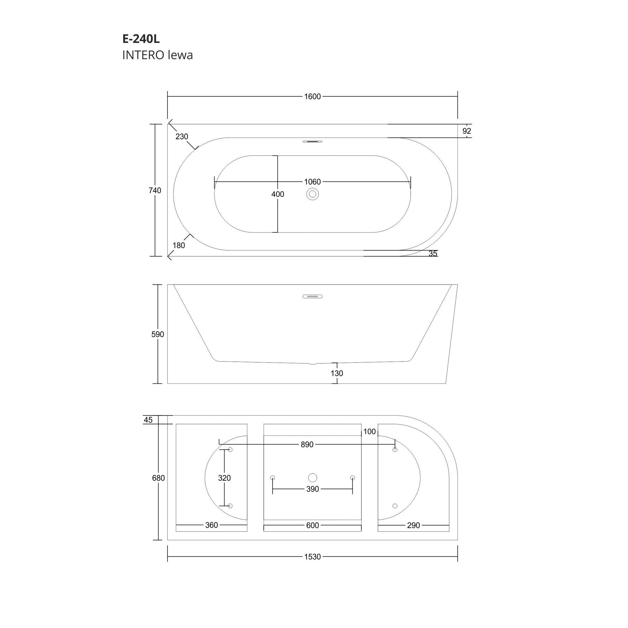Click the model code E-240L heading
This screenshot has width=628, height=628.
(x=141, y=39)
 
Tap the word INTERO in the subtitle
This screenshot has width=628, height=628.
(x=143, y=55)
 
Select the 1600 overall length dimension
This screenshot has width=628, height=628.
(x=312, y=97)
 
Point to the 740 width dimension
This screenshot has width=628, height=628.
(x=155, y=190)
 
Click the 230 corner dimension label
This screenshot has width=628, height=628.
(x=182, y=137)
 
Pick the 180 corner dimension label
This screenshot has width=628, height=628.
(x=179, y=246)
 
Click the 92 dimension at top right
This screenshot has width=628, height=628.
(x=467, y=131)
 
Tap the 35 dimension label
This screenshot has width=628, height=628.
(x=433, y=254)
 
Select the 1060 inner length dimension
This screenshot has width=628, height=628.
(x=312, y=182)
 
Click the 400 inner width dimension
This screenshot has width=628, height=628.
(x=278, y=194)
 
